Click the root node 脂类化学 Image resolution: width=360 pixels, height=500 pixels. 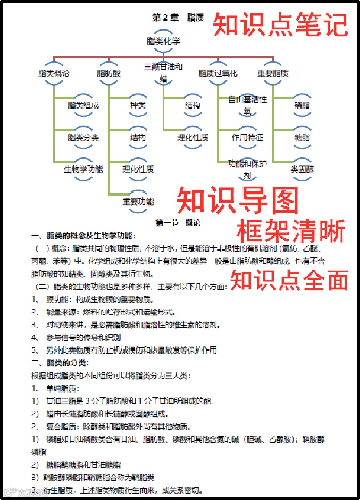[x=163, y=41]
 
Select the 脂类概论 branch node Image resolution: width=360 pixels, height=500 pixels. [x=54, y=73]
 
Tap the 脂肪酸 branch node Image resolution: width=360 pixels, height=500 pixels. [x=108, y=73]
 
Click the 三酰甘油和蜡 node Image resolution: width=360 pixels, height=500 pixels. [x=163, y=73]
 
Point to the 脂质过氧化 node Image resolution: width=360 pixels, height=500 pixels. [x=218, y=73]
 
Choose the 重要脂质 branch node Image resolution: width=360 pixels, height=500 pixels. [x=273, y=73]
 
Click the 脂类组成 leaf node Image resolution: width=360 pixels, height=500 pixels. [x=83, y=105]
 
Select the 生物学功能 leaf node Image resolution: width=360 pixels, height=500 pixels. [x=83, y=170]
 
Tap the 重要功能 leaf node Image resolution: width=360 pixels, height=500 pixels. [x=138, y=202]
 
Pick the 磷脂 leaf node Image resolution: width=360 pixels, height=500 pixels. [x=303, y=105]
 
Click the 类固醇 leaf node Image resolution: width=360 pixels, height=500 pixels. [x=303, y=170]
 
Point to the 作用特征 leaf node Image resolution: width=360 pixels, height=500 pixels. [x=247, y=137]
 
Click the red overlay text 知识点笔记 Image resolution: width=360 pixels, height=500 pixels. [x=280, y=24]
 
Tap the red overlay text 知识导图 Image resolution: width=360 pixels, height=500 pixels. [x=237, y=201]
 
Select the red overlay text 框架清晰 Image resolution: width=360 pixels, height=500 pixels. [x=291, y=231]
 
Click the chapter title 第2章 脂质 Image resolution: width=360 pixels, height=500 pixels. [x=178, y=18]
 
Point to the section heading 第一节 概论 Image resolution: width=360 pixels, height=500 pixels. [x=178, y=222]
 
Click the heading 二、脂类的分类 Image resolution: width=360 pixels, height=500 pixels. [x=60, y=363]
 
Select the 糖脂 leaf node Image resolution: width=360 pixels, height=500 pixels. [x=303, y=137]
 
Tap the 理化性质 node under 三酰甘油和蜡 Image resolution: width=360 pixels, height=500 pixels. [x=192, y=137]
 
